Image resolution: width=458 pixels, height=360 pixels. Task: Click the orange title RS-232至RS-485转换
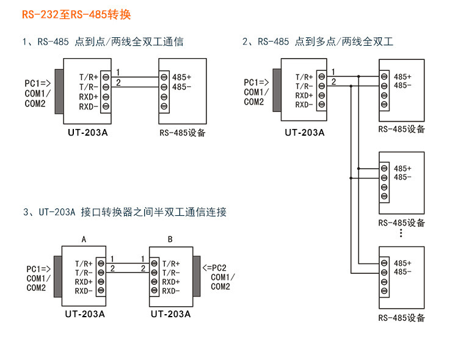coord(76,15)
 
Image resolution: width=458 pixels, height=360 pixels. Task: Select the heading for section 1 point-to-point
coord(103,42)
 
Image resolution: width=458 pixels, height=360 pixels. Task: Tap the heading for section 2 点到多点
coord(318,42)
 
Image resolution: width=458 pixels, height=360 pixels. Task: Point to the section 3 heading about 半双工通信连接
coord(125,212)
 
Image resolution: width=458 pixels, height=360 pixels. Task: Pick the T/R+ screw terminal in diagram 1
coord(105,77)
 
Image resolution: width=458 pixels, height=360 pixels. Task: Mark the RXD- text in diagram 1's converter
coord(89,107)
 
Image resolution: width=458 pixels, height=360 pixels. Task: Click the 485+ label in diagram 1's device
coord(181,77)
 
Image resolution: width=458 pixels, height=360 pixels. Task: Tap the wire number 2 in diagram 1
coord(118,83)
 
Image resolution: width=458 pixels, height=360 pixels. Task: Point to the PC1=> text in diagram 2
coord(257,83)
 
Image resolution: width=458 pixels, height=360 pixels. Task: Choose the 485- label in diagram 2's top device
coord(402,86)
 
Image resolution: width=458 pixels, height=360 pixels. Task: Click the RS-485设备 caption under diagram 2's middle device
coord(401,223)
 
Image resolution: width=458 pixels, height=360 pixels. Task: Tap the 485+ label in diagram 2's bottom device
coord(402,263)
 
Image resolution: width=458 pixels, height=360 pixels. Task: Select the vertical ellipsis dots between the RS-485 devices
coord(401,233)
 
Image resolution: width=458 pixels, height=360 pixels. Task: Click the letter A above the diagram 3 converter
coord(84,239)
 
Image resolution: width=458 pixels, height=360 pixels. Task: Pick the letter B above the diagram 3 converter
coord(170,239)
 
